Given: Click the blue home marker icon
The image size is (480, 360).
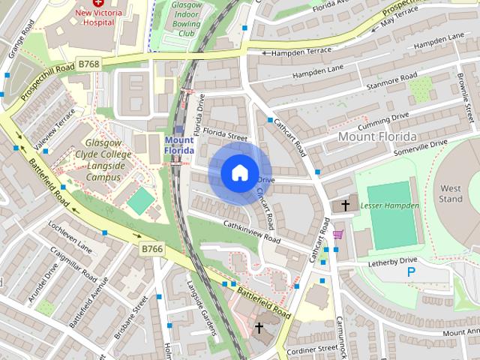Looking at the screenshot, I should coord(239,173).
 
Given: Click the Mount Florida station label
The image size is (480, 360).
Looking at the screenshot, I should coord(179,145).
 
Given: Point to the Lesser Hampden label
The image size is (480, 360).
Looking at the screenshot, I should coord(389,205).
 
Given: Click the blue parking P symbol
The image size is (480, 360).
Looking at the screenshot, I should coord(410,272).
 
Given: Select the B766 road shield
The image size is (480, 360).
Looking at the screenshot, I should coord(152,248).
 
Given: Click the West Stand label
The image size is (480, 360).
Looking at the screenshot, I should coord(451,193).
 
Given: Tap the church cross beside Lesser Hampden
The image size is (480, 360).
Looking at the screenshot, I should coord(346,205).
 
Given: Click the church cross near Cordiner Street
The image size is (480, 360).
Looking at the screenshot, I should coord(259,328).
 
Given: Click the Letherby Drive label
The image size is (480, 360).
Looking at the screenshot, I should coord(392,262).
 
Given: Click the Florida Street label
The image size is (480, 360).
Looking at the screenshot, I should coord(227,137).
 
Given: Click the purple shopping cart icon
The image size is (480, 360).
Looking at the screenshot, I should coord(338,235).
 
